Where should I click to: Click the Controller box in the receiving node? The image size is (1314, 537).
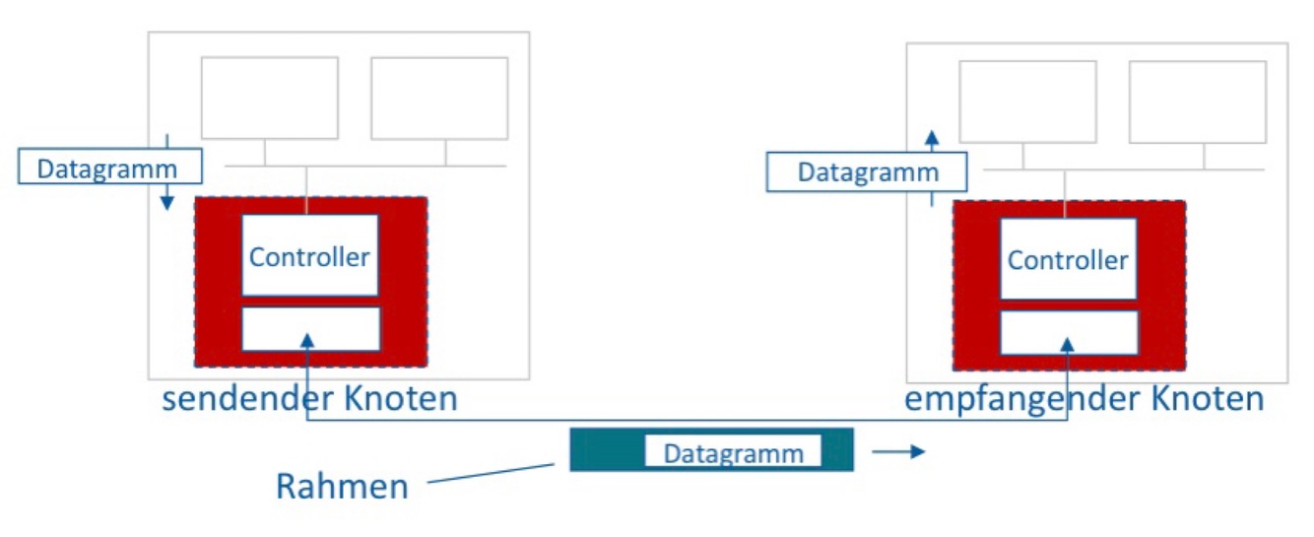pos(1068,259)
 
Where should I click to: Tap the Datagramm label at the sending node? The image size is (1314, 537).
pos(109,168)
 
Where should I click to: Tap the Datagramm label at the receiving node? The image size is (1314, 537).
pos(867,172)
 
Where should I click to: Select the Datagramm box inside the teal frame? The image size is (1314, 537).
pos(733,452)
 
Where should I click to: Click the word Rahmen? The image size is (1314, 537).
pos(342,486)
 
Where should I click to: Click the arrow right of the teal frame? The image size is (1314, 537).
pos(898,452)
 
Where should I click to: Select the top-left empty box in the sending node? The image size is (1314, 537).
pos(269,98)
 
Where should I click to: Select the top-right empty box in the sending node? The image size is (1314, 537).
pos(439,98)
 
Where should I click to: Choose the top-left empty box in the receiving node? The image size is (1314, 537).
pos(1027,101)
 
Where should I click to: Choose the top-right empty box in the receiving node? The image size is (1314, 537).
pos(1197,101)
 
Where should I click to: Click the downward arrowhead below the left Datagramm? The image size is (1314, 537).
pos(167,202)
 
